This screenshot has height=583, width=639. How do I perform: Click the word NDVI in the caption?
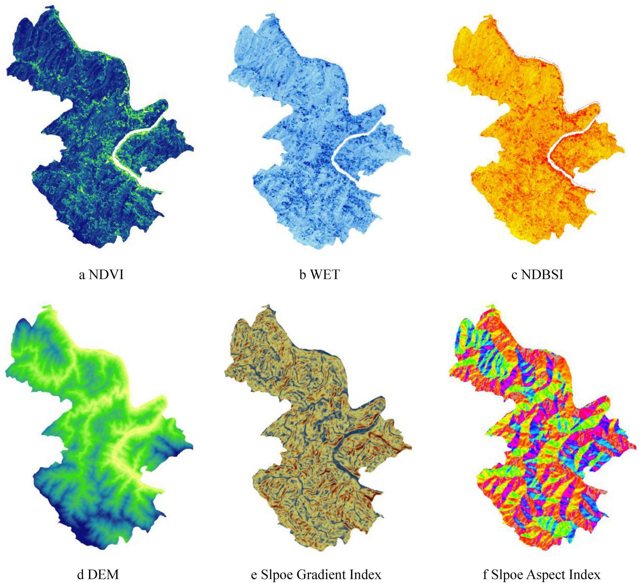106,275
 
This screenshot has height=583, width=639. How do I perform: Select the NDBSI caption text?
542,275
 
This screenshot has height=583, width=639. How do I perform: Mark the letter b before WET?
303,275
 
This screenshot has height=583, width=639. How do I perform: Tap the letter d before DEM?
80,574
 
